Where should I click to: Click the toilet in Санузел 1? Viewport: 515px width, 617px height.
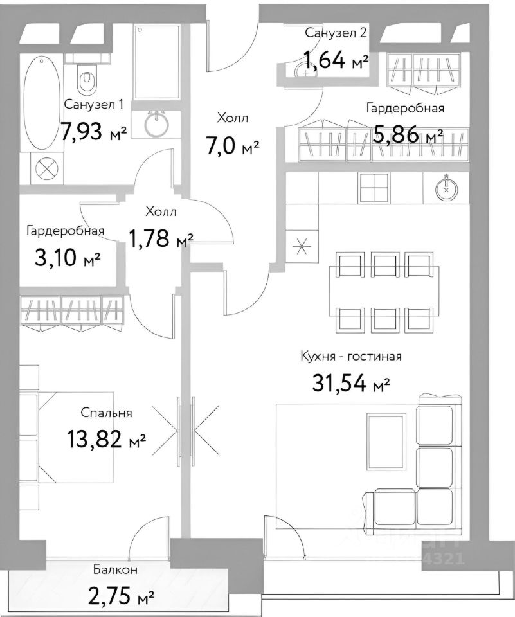tap(87, 78)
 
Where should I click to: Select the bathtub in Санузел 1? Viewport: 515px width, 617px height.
tap(42, 103)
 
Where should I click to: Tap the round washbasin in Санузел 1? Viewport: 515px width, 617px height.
tap(156, 123)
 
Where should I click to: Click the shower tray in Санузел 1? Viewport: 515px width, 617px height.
tap(157, 62)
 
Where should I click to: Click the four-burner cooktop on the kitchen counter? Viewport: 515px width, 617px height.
tap(374, 187)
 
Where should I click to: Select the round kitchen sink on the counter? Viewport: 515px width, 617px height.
tap(446, 189)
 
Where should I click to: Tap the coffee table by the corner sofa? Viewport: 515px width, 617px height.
tap(386, 441)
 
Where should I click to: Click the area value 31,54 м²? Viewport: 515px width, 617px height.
tap(350, 383)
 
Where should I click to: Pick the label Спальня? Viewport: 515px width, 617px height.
tap(106, 413)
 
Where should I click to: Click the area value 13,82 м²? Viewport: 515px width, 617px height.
tap(107, 439)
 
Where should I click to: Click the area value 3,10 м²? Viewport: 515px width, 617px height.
tap(68, 259)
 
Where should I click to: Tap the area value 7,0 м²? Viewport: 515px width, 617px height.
tap(232, 146)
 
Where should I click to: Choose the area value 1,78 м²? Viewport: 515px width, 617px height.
tap(161, 238)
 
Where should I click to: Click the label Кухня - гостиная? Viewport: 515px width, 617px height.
tap(351, 357)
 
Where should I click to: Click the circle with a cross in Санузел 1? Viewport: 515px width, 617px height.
tap(46, 170)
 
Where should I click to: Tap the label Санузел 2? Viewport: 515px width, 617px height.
tap(336, 33)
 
